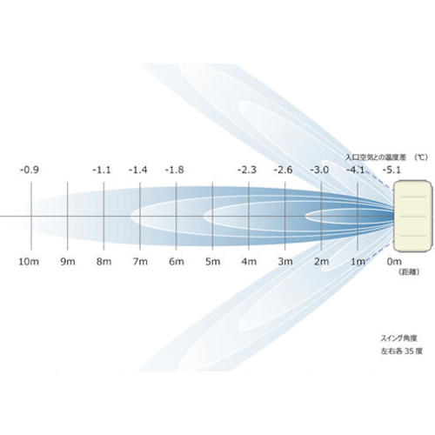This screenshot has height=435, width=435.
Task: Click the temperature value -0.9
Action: tap(30, 170)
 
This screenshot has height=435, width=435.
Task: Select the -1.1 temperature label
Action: tap(102, 170)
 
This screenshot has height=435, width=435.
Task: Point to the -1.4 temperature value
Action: tap(138, 170)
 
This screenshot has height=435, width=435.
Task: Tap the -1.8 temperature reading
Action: tap(175, 170)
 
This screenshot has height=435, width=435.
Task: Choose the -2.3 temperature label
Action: tap(247, 170)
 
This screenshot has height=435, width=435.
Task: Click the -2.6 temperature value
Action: tap(284, 170)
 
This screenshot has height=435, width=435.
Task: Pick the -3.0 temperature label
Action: tap(319, 170)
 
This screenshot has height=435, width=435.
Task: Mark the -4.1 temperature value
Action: tap(356, 170)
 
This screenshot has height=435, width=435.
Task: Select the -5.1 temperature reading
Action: tap(391, 170)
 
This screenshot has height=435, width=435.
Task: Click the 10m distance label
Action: tap(29, 262)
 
